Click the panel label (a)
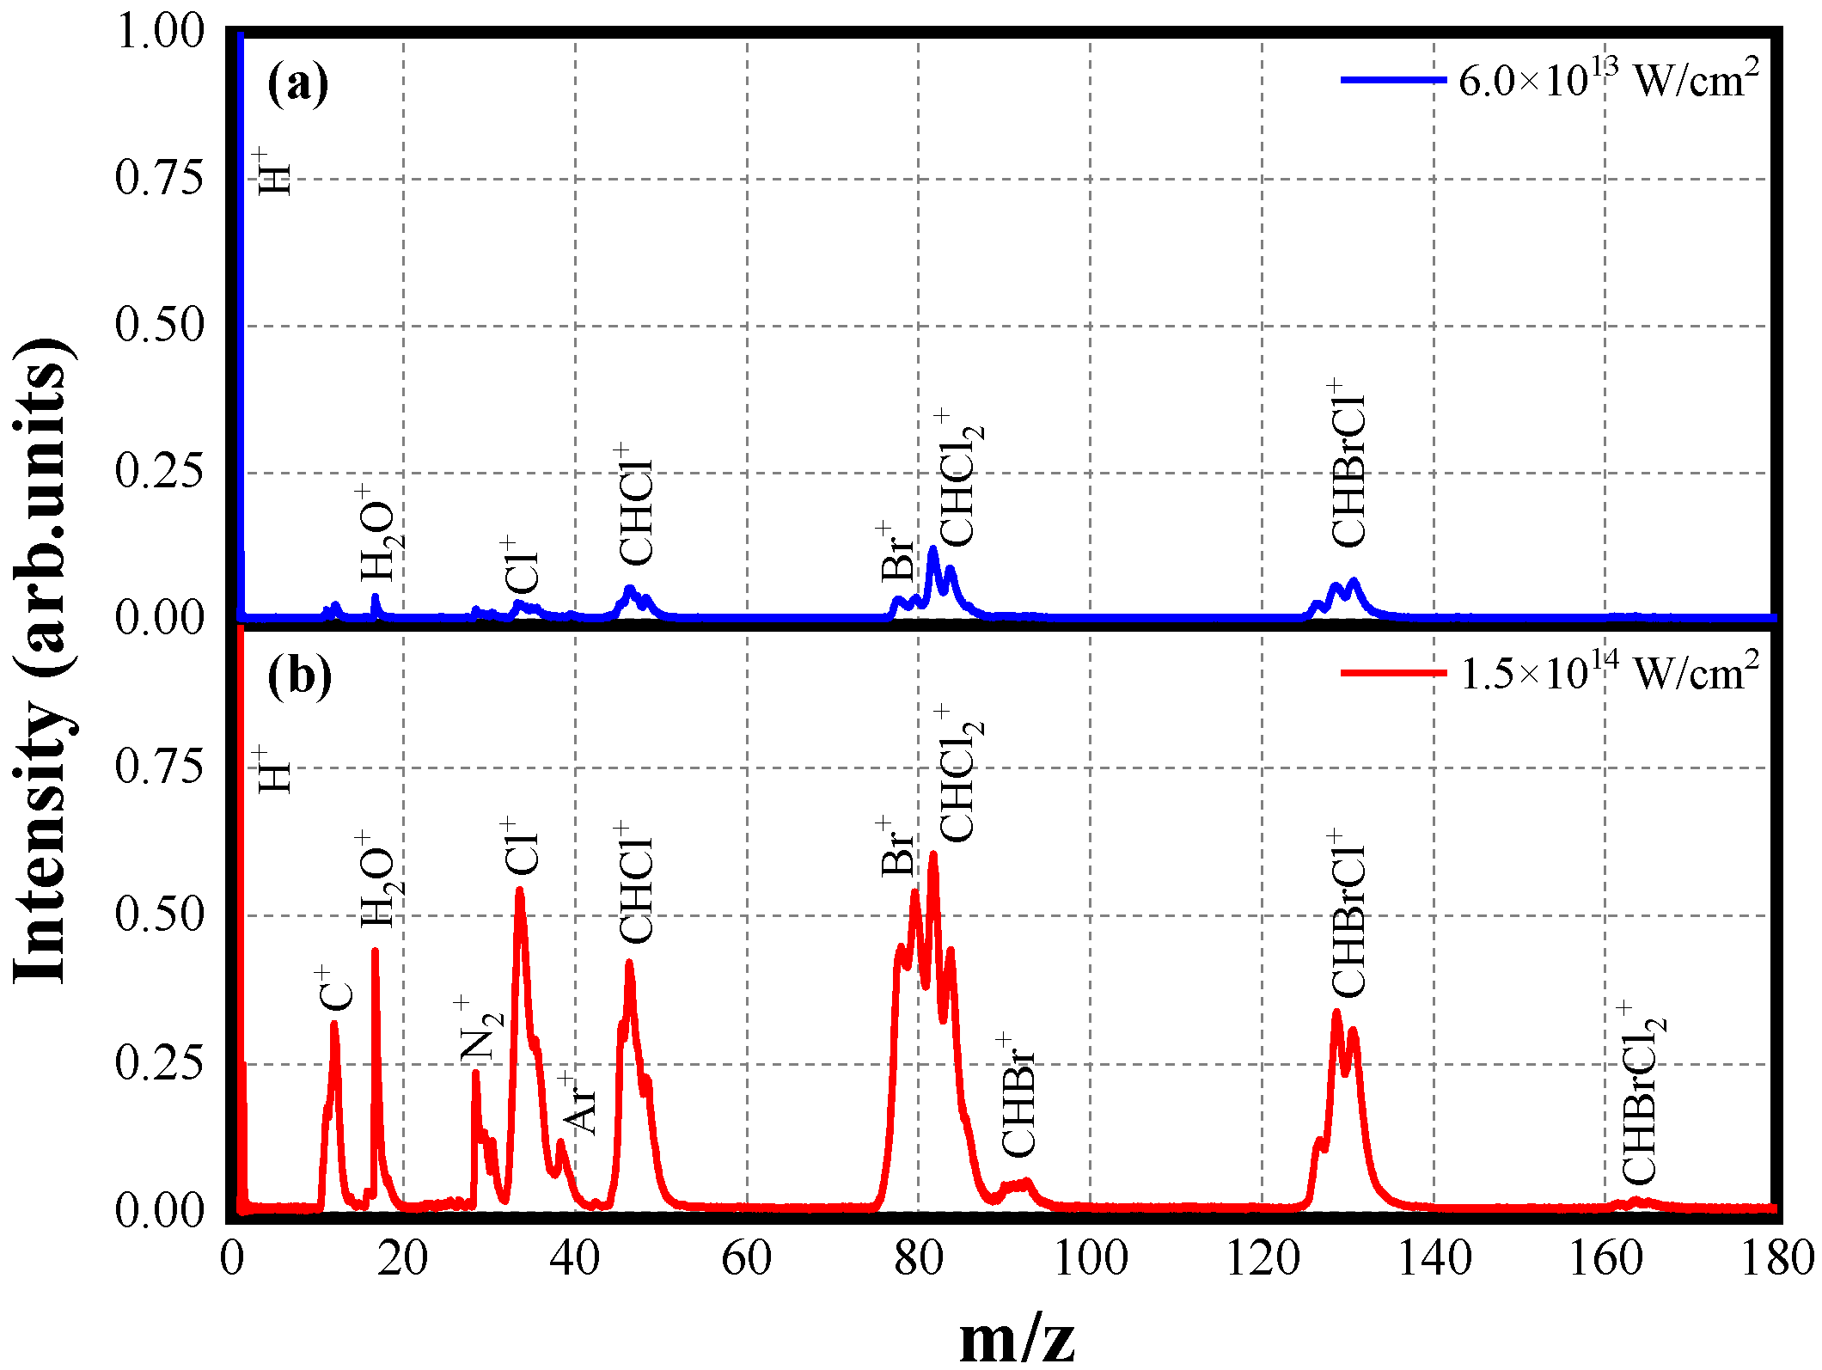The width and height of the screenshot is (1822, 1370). coord(297,84)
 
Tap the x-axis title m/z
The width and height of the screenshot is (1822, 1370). coord(1017,1337)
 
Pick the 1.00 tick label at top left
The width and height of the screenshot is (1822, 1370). coord(160,33)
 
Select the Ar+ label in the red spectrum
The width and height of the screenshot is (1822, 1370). coord(578,1104)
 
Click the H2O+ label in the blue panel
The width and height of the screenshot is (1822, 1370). coord(376,535)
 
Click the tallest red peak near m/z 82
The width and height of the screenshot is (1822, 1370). coord(933,854)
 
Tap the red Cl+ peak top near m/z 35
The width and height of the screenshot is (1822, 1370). coord(519,891)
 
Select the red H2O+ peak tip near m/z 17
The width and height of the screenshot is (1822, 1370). coord(375,952)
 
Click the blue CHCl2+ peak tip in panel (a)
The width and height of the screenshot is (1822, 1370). coord(932,549)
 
